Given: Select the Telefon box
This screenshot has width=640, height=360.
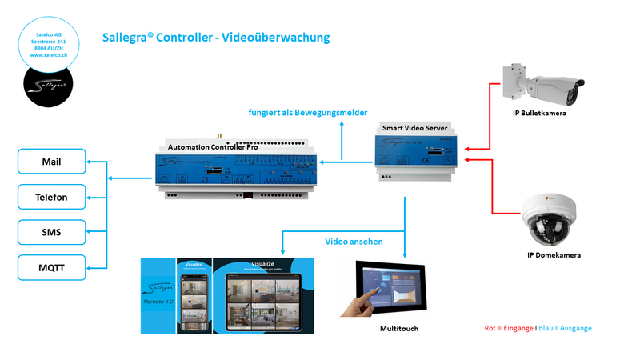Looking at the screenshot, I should tap(52, 197).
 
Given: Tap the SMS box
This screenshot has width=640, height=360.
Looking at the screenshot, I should tap(52, 232).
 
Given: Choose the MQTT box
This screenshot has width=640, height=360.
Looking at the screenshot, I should tap(52, 267).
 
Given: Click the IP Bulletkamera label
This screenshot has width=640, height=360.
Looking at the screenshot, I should tap(540, 113).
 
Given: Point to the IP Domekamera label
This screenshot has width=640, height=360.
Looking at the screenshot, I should tap(554, 255).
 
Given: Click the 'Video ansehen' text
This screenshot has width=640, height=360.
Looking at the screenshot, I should tap(354, 241).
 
